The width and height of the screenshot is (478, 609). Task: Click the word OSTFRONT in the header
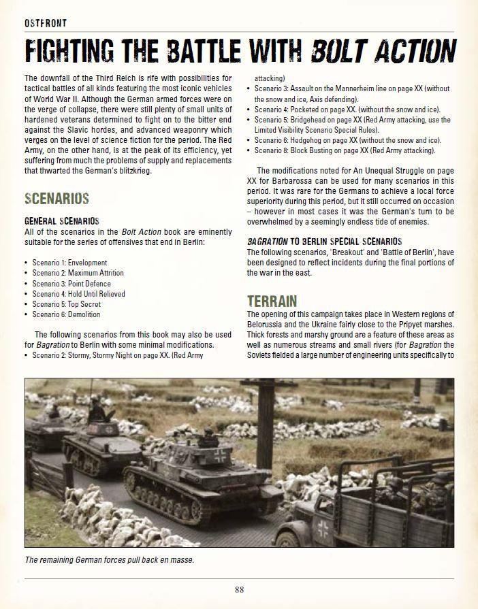tap(45, 23)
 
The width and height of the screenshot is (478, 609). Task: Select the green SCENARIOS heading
tap(57, 199)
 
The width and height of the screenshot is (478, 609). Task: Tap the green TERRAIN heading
tap(272, 300)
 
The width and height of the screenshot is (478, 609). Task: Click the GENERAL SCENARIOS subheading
tap(62, 221)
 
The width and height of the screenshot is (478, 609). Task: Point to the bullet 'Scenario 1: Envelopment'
tap(69, 263)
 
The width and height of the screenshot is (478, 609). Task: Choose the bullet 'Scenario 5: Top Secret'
tap(66, 304)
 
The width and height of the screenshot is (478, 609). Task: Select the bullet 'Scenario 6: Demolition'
tap(66, 314)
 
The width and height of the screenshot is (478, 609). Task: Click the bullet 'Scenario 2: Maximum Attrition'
tap(78, 273)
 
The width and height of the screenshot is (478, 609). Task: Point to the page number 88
tap(239, 589)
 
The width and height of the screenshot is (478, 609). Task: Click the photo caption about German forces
tap(109, 560)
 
